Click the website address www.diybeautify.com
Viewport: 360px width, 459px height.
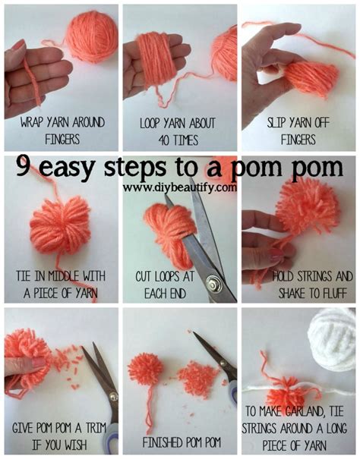point(180,187)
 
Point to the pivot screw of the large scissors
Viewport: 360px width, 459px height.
point(211,283)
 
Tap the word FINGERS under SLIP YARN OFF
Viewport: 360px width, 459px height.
point(298,140)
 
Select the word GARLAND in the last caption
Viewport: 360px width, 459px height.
point(304,412)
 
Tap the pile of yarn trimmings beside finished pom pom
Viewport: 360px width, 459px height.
point(199,375)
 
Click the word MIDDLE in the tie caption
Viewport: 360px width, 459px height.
point(63,276)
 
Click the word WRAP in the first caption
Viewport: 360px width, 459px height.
point(30,123)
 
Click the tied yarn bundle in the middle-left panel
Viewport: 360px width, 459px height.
point(61,226)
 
